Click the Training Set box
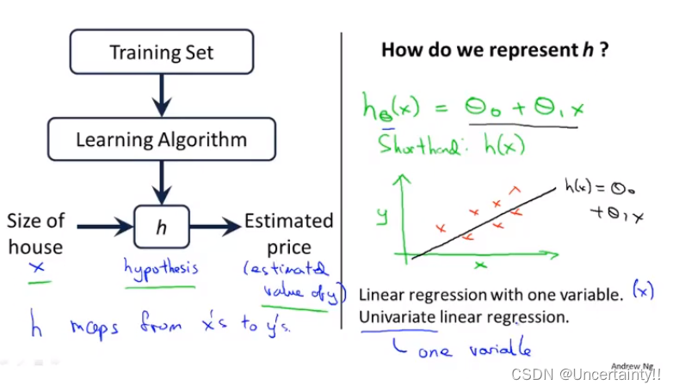point(161,53)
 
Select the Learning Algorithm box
point(161,139)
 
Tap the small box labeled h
point(161,227)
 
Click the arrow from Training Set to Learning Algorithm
point(161,95)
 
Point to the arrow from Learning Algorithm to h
point(161,183)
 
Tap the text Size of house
point(35,234)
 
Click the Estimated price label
point(288,234)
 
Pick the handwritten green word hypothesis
point(161,269)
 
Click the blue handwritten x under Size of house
point(35,269)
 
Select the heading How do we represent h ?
point(496,50)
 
